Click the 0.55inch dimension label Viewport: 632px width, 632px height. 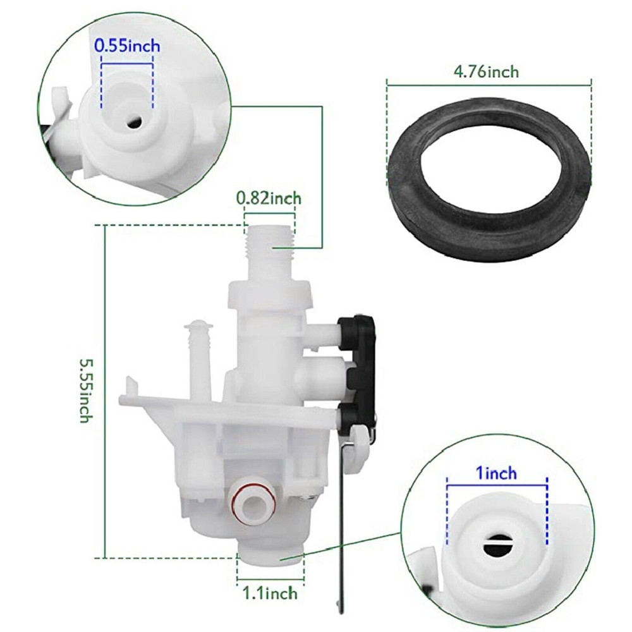click(x=127, y=46)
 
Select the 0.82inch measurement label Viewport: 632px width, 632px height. click(x=269, y=198)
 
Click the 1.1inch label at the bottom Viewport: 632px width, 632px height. click(x=270, y=593)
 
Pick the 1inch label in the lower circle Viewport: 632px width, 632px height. click(x=497, y=472)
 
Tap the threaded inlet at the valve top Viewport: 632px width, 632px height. click(x=270, y=249)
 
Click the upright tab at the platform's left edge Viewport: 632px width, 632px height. click(x=130, y=387)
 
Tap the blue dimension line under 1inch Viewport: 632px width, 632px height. click(x=497, y=485)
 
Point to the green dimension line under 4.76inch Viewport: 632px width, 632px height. click(x=489, y=82)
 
